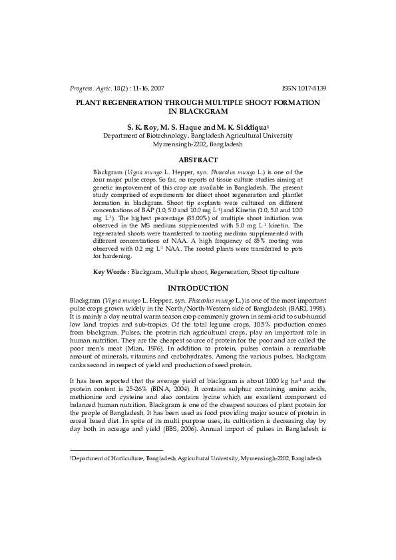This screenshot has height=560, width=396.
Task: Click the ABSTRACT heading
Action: click(198, 160)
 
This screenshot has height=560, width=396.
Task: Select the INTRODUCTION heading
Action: click(198, 288)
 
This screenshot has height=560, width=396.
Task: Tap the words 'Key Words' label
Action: click(110, 272)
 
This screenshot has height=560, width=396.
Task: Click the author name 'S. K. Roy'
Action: click(143, 126)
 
